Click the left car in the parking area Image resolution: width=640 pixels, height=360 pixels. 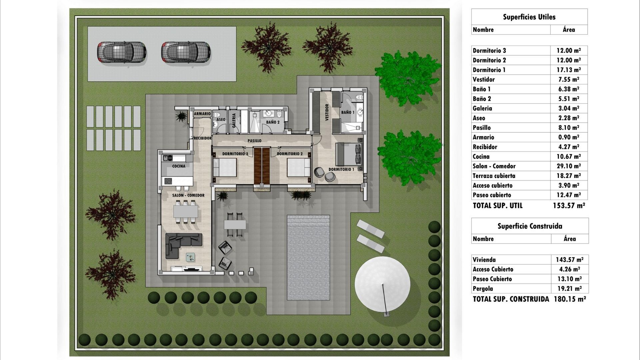[121, 52]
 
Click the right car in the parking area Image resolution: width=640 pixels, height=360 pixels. [186, 52]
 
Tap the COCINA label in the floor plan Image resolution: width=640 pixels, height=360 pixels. [179, 166]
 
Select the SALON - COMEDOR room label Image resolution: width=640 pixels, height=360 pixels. [188, 195]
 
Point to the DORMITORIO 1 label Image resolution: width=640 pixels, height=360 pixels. [341, 169]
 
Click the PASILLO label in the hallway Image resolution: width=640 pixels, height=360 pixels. [254, 141]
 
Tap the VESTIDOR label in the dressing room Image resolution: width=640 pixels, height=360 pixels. [327, 112]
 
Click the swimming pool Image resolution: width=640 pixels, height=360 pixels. [308, 258]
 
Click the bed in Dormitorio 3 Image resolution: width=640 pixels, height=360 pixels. [225, 167]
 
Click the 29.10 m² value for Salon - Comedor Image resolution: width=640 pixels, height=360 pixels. [569, 166]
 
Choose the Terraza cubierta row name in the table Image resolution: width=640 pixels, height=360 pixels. [494, 176]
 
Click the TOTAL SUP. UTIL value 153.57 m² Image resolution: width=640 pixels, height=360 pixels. [569, 206]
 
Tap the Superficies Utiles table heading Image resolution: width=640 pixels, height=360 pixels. [529, 17]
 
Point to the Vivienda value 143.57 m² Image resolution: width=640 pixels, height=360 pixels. [569, 260]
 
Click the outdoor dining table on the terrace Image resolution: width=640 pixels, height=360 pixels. [235, 224]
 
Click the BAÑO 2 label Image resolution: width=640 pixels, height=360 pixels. [273, 122]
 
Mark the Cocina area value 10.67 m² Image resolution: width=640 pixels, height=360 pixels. [569, 156]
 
